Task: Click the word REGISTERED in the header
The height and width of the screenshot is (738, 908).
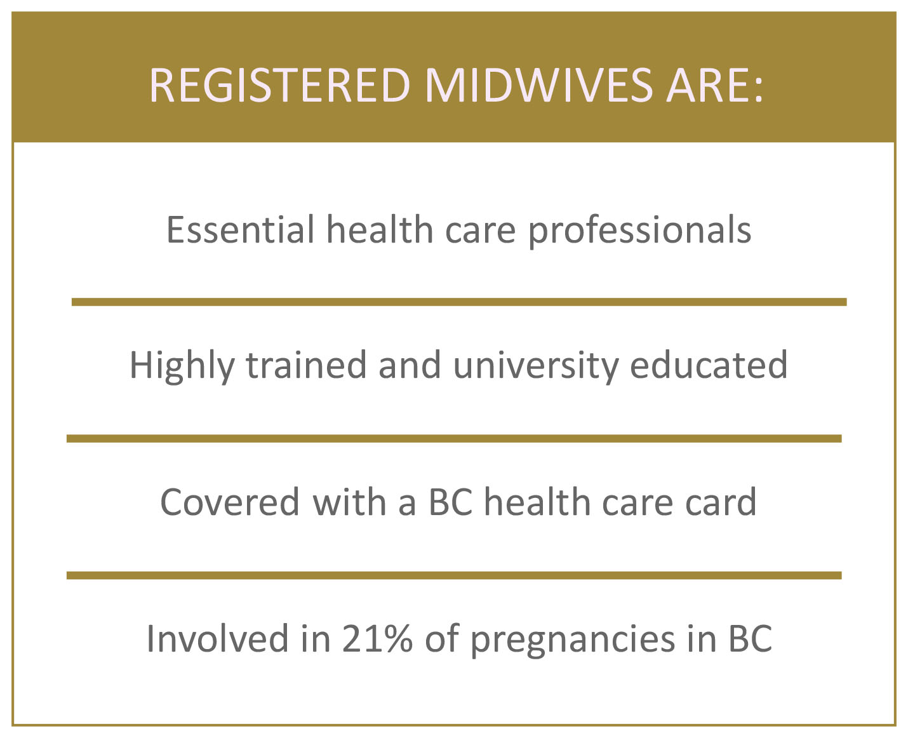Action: point(279,86)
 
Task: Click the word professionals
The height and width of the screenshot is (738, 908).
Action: point(639,232)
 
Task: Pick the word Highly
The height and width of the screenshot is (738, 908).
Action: point(182,366)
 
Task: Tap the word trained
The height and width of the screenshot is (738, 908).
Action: point(306,365)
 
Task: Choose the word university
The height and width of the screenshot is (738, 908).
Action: point(535,366)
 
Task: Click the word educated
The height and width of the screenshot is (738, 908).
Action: point(709,365)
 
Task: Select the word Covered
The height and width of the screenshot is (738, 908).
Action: point(230,502)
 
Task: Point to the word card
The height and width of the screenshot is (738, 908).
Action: point(721,502)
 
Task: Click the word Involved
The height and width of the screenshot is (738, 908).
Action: point(217,639)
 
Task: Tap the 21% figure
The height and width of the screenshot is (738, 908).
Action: point(377,639)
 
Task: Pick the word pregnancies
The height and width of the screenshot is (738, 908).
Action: point(573,641)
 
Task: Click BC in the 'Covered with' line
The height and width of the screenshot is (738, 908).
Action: point(451,502)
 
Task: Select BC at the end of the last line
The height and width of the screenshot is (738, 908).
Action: point(751,639)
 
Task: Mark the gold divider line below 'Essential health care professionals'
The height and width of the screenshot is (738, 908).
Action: point(459,302)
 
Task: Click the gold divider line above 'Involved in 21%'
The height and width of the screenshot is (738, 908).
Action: point(454,575)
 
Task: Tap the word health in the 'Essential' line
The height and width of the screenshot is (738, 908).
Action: point(380,230)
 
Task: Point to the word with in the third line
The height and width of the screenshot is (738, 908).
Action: point(350,502)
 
